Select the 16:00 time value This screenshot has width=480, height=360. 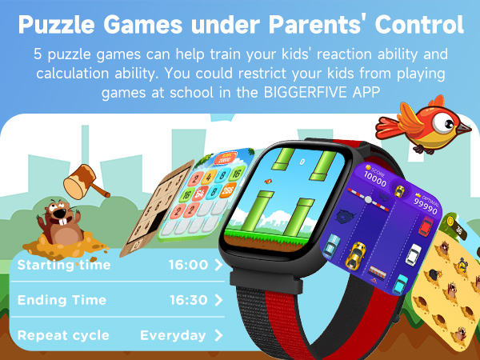click(189, 265)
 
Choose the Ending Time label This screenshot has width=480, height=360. click(62, 301)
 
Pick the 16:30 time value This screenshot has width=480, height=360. click(189, 301)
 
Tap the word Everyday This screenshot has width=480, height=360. click(173, 336)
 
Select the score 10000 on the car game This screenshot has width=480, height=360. click(353, 174)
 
